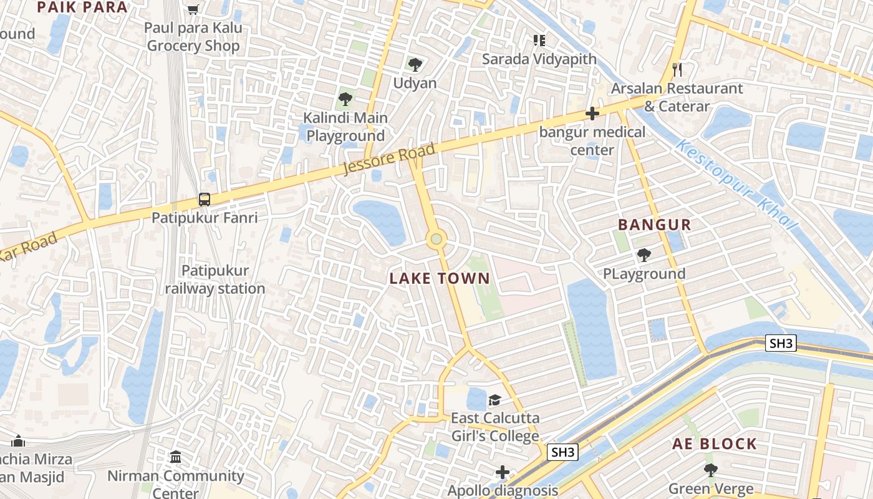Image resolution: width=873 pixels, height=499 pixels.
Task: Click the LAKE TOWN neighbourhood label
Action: point(440,279)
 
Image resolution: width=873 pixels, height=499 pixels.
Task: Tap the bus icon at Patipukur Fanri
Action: point(205,200)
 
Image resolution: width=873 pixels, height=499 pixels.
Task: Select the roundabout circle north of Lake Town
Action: point(436,238)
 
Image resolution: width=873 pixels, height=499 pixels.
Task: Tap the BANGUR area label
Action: point(654,225)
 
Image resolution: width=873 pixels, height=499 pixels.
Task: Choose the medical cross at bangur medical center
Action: point(592,114)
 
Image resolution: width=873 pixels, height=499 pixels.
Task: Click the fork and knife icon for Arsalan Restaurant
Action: point(677,69)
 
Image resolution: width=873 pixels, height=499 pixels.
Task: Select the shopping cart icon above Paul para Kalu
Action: point(193,9)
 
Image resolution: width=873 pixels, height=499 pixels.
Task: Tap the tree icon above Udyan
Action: point(415,64)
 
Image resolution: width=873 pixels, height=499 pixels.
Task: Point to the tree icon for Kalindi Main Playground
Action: point(345,99)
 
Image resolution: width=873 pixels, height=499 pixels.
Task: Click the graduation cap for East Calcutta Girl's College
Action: point(494,399)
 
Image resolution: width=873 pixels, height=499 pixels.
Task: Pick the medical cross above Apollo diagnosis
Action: point(503,472)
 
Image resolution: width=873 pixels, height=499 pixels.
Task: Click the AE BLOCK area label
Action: point(714,444)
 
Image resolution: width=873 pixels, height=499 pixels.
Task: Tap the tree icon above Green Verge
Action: point(710,470)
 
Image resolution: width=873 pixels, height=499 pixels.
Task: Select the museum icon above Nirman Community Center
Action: point(175,457)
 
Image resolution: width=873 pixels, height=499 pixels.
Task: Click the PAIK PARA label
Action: point(82,7)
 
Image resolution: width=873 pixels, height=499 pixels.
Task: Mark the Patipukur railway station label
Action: point(215,279)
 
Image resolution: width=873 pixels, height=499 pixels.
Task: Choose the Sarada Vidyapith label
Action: point(540,59)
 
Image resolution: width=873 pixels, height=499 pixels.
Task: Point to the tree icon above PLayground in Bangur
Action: point(644,254)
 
